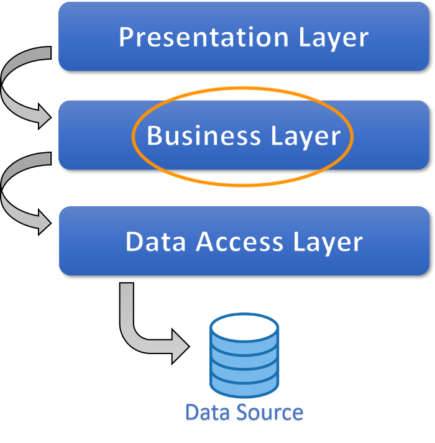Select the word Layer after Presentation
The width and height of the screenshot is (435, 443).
point(334,39)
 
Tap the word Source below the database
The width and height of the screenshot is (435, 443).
point(268,413)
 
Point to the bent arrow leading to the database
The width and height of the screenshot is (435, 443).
point(134,329)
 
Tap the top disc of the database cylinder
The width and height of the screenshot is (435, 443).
point(244,326)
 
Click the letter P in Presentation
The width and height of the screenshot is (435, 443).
point(126,37)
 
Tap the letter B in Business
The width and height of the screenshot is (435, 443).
point(154,135)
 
